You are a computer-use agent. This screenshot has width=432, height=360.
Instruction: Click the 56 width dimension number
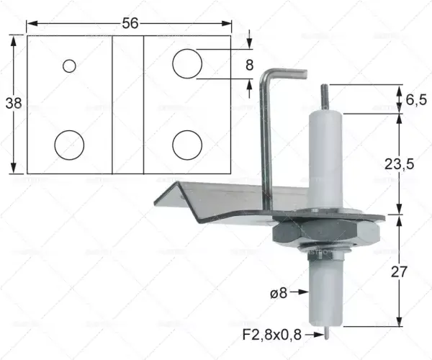[x=130, y=23]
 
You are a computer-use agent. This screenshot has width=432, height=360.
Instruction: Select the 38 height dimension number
[x=14, y=104]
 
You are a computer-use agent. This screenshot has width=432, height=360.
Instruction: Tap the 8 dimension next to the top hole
[x=249, y=66]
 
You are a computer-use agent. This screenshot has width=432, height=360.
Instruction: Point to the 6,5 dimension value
[x=416, y=99]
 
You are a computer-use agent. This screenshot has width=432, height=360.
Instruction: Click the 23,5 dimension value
[x=399, y=164]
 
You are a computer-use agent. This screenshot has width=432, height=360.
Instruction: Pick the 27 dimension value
[x=399, y=272]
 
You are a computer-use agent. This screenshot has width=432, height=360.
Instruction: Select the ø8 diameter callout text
[x=279, y=293]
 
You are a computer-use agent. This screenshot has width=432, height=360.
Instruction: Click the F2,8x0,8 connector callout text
[x=272, y=335]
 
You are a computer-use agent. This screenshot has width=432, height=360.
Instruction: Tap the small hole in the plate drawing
[x=69, y=66]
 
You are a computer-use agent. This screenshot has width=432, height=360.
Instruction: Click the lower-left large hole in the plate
[x=69, y=145]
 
